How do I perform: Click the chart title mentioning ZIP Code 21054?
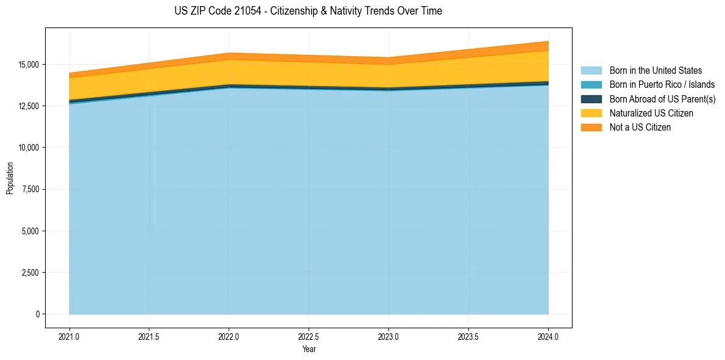(x=308, y=11)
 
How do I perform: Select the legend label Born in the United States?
(x=655, y=71)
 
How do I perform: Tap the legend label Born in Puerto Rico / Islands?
(x=662, y=85)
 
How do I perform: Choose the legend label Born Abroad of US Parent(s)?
(x=662, y=99)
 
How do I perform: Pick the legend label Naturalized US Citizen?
(x=651, y=113)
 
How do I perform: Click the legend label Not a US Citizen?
(x=640, y=128)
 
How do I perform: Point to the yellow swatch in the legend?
(x=591, y=113)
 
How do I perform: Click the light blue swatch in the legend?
(x=591, y=71)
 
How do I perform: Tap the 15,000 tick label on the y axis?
(x=29, y=65)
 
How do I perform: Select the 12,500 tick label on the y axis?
(x=29, y=106)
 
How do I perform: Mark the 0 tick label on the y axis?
(x=37, y=314)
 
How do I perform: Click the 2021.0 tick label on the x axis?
(x=70, y=337)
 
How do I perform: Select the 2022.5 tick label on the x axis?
(x=309, y=337)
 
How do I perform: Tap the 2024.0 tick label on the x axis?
(x=548, y=337)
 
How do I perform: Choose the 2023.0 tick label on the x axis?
(x=388, y=337)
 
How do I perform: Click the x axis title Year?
(x=309, y=350)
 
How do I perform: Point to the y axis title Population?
(x=10, y=178)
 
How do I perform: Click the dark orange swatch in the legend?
(x=591, y=128)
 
